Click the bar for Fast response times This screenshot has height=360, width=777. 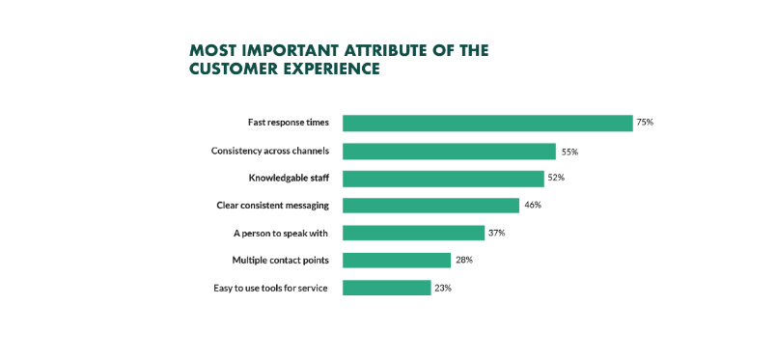[x=487, y=124]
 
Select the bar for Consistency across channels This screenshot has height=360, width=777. [x=449, y=152]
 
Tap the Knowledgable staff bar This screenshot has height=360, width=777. [x=443, y=179]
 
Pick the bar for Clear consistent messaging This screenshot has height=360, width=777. [x=431, y=206]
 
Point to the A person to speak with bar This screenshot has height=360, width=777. [x=413, y=233]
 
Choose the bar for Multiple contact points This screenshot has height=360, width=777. [x=397, y=261]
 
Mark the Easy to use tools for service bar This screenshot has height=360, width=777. [x=386, y=288]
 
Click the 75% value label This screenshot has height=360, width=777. [x=646, y=123]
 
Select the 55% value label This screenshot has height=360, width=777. [x=569, y=152]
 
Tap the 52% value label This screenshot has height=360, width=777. [x=557, y=179]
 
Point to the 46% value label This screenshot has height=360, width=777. [x=533, y=206]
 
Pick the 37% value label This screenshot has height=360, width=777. [x=497, y=233]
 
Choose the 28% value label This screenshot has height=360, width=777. [x=464, y=261]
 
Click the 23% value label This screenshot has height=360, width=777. [x=443, y=288]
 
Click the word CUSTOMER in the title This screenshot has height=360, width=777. [x=232, y=69]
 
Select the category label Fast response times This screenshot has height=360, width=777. [x=288, y=124]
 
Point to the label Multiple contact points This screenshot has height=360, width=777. [x=280, y=261]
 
